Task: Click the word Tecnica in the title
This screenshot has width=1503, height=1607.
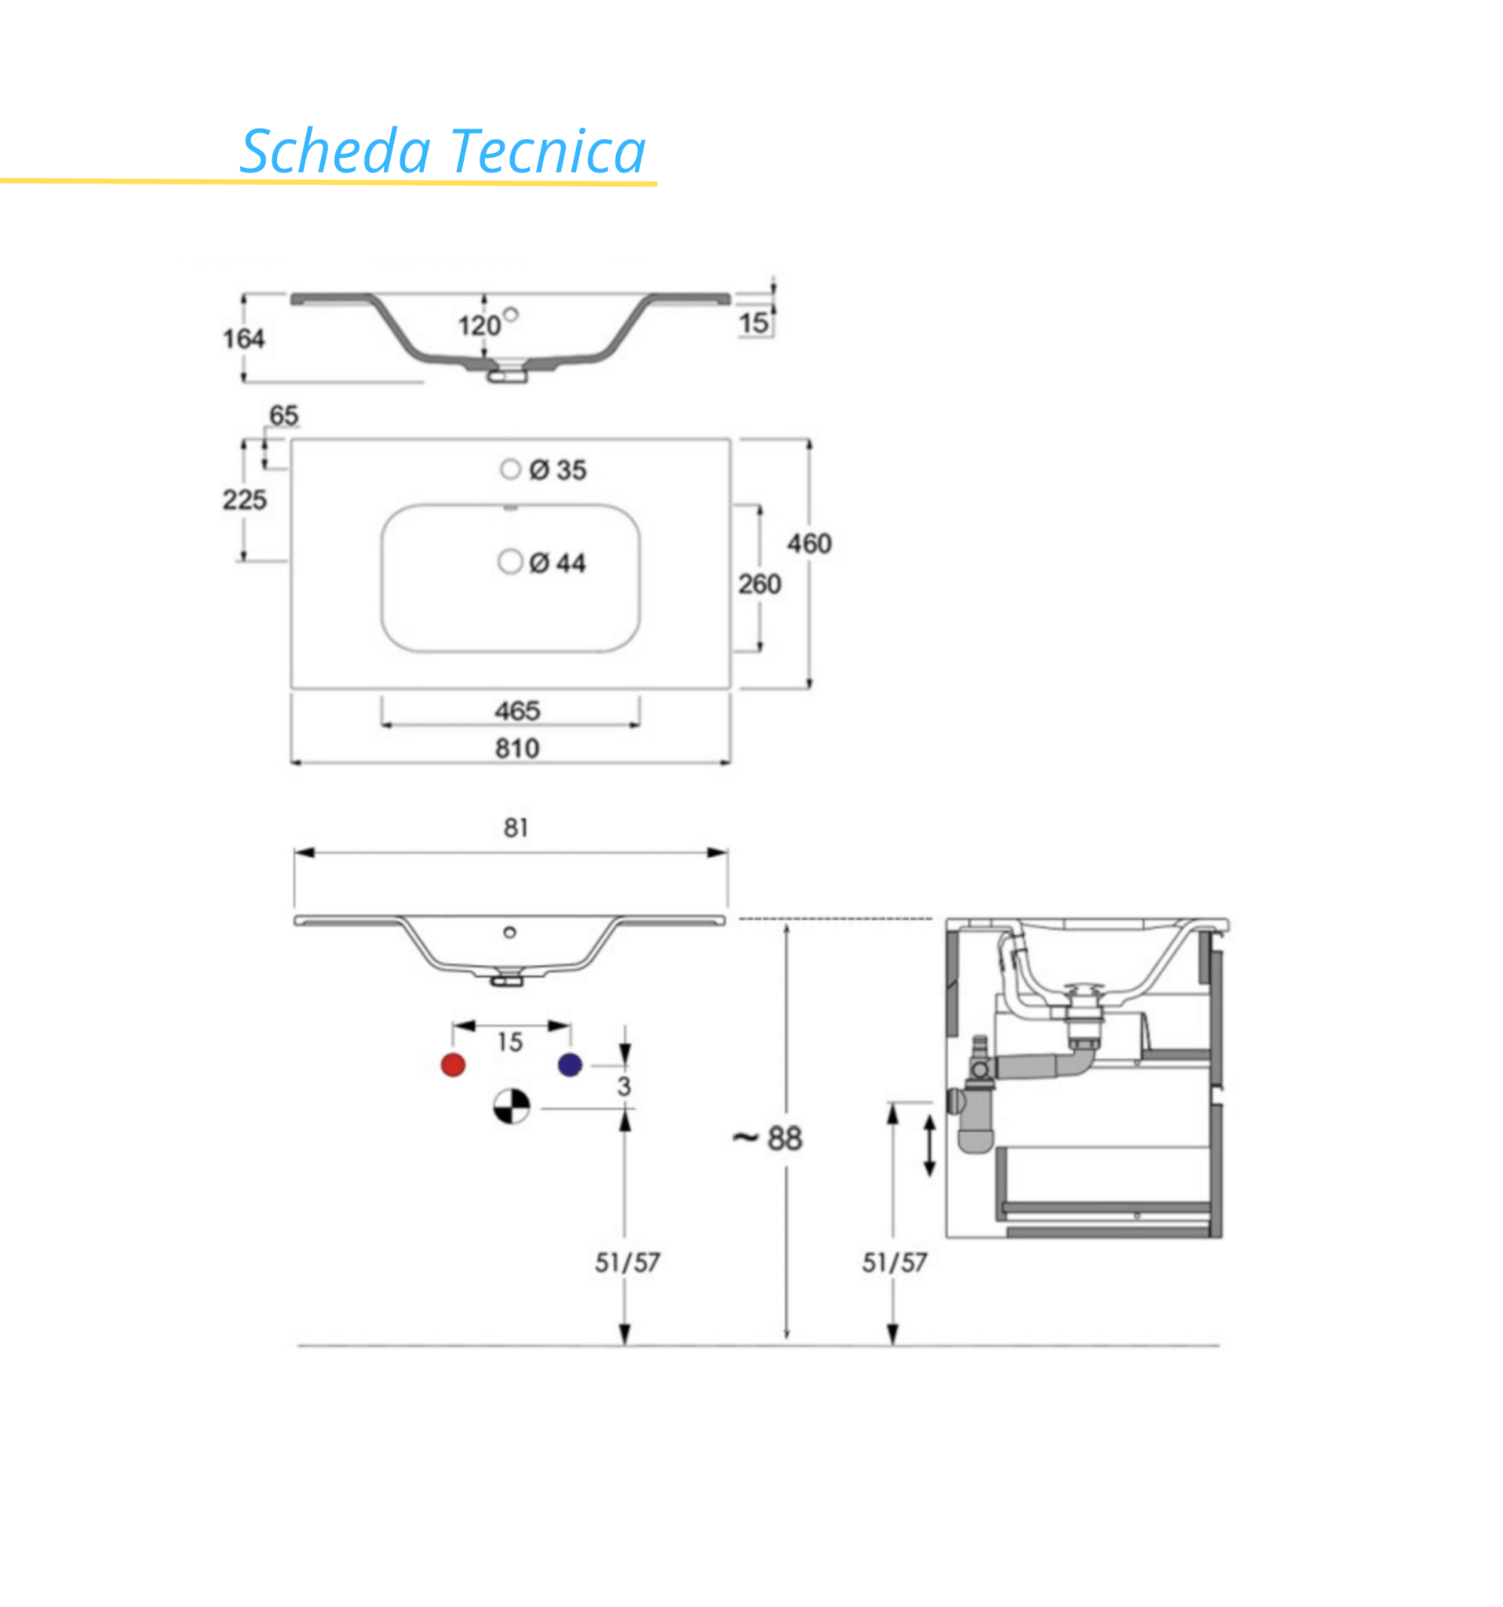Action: click(547, 151)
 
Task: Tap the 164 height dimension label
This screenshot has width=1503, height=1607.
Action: click(243, 339)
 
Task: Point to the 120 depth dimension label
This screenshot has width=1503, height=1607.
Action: click(479, 326)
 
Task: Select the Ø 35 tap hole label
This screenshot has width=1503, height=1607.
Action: click(558, 470)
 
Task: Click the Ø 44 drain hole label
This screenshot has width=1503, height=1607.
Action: click(557, 563)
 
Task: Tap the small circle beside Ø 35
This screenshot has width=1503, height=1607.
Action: click(510, 469)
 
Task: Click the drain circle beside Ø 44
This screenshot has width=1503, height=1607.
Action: click(510, 561)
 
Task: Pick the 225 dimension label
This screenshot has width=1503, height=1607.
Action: click(244, 500)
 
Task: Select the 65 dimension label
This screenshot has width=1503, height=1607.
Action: click(284, 416)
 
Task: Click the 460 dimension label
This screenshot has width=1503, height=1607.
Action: click(809, 543)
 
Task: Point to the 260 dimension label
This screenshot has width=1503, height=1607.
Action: click(759, 584)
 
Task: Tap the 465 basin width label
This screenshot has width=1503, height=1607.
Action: click(517, 711)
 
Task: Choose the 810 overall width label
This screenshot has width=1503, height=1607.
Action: click(517, 748)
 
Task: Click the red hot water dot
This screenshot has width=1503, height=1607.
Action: click(453, 1065)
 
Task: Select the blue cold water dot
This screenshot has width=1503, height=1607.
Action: click(570, 1065)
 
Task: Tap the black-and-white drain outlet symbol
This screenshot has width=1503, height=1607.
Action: click(512, 1106)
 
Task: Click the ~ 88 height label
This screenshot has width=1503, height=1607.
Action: click(768, 1138)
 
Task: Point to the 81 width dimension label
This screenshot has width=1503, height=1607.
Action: click(516, 828)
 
